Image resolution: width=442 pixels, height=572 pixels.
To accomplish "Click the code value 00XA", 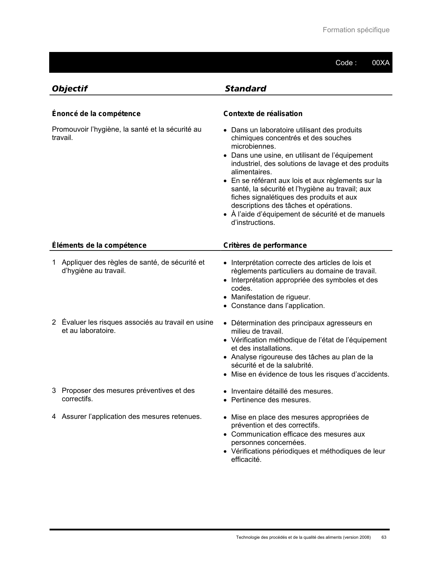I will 381,63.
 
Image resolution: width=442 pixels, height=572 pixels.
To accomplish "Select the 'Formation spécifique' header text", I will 356,30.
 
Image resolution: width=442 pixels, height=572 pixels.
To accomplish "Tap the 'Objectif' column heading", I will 69,89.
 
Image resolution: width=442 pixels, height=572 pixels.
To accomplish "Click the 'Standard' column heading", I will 245,89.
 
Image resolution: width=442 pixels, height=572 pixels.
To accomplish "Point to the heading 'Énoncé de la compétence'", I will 96,114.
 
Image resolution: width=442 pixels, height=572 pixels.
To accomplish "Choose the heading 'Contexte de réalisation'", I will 263,114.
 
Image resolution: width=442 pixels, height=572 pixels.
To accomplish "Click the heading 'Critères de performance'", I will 265,245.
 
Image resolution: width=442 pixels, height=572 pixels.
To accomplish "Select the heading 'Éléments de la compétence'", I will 99,245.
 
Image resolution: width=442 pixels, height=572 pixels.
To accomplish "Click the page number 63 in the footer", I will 384,537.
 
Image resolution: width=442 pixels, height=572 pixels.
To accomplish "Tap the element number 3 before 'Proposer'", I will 54,390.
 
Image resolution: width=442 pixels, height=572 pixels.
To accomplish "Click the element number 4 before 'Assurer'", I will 54,416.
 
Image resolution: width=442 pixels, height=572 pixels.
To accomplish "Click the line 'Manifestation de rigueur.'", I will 271,297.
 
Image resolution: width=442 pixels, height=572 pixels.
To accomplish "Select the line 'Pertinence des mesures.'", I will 271,400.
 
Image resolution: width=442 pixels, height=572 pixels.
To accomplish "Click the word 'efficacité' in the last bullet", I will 246,459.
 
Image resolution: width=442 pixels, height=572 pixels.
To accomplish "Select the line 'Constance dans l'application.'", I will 278,306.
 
